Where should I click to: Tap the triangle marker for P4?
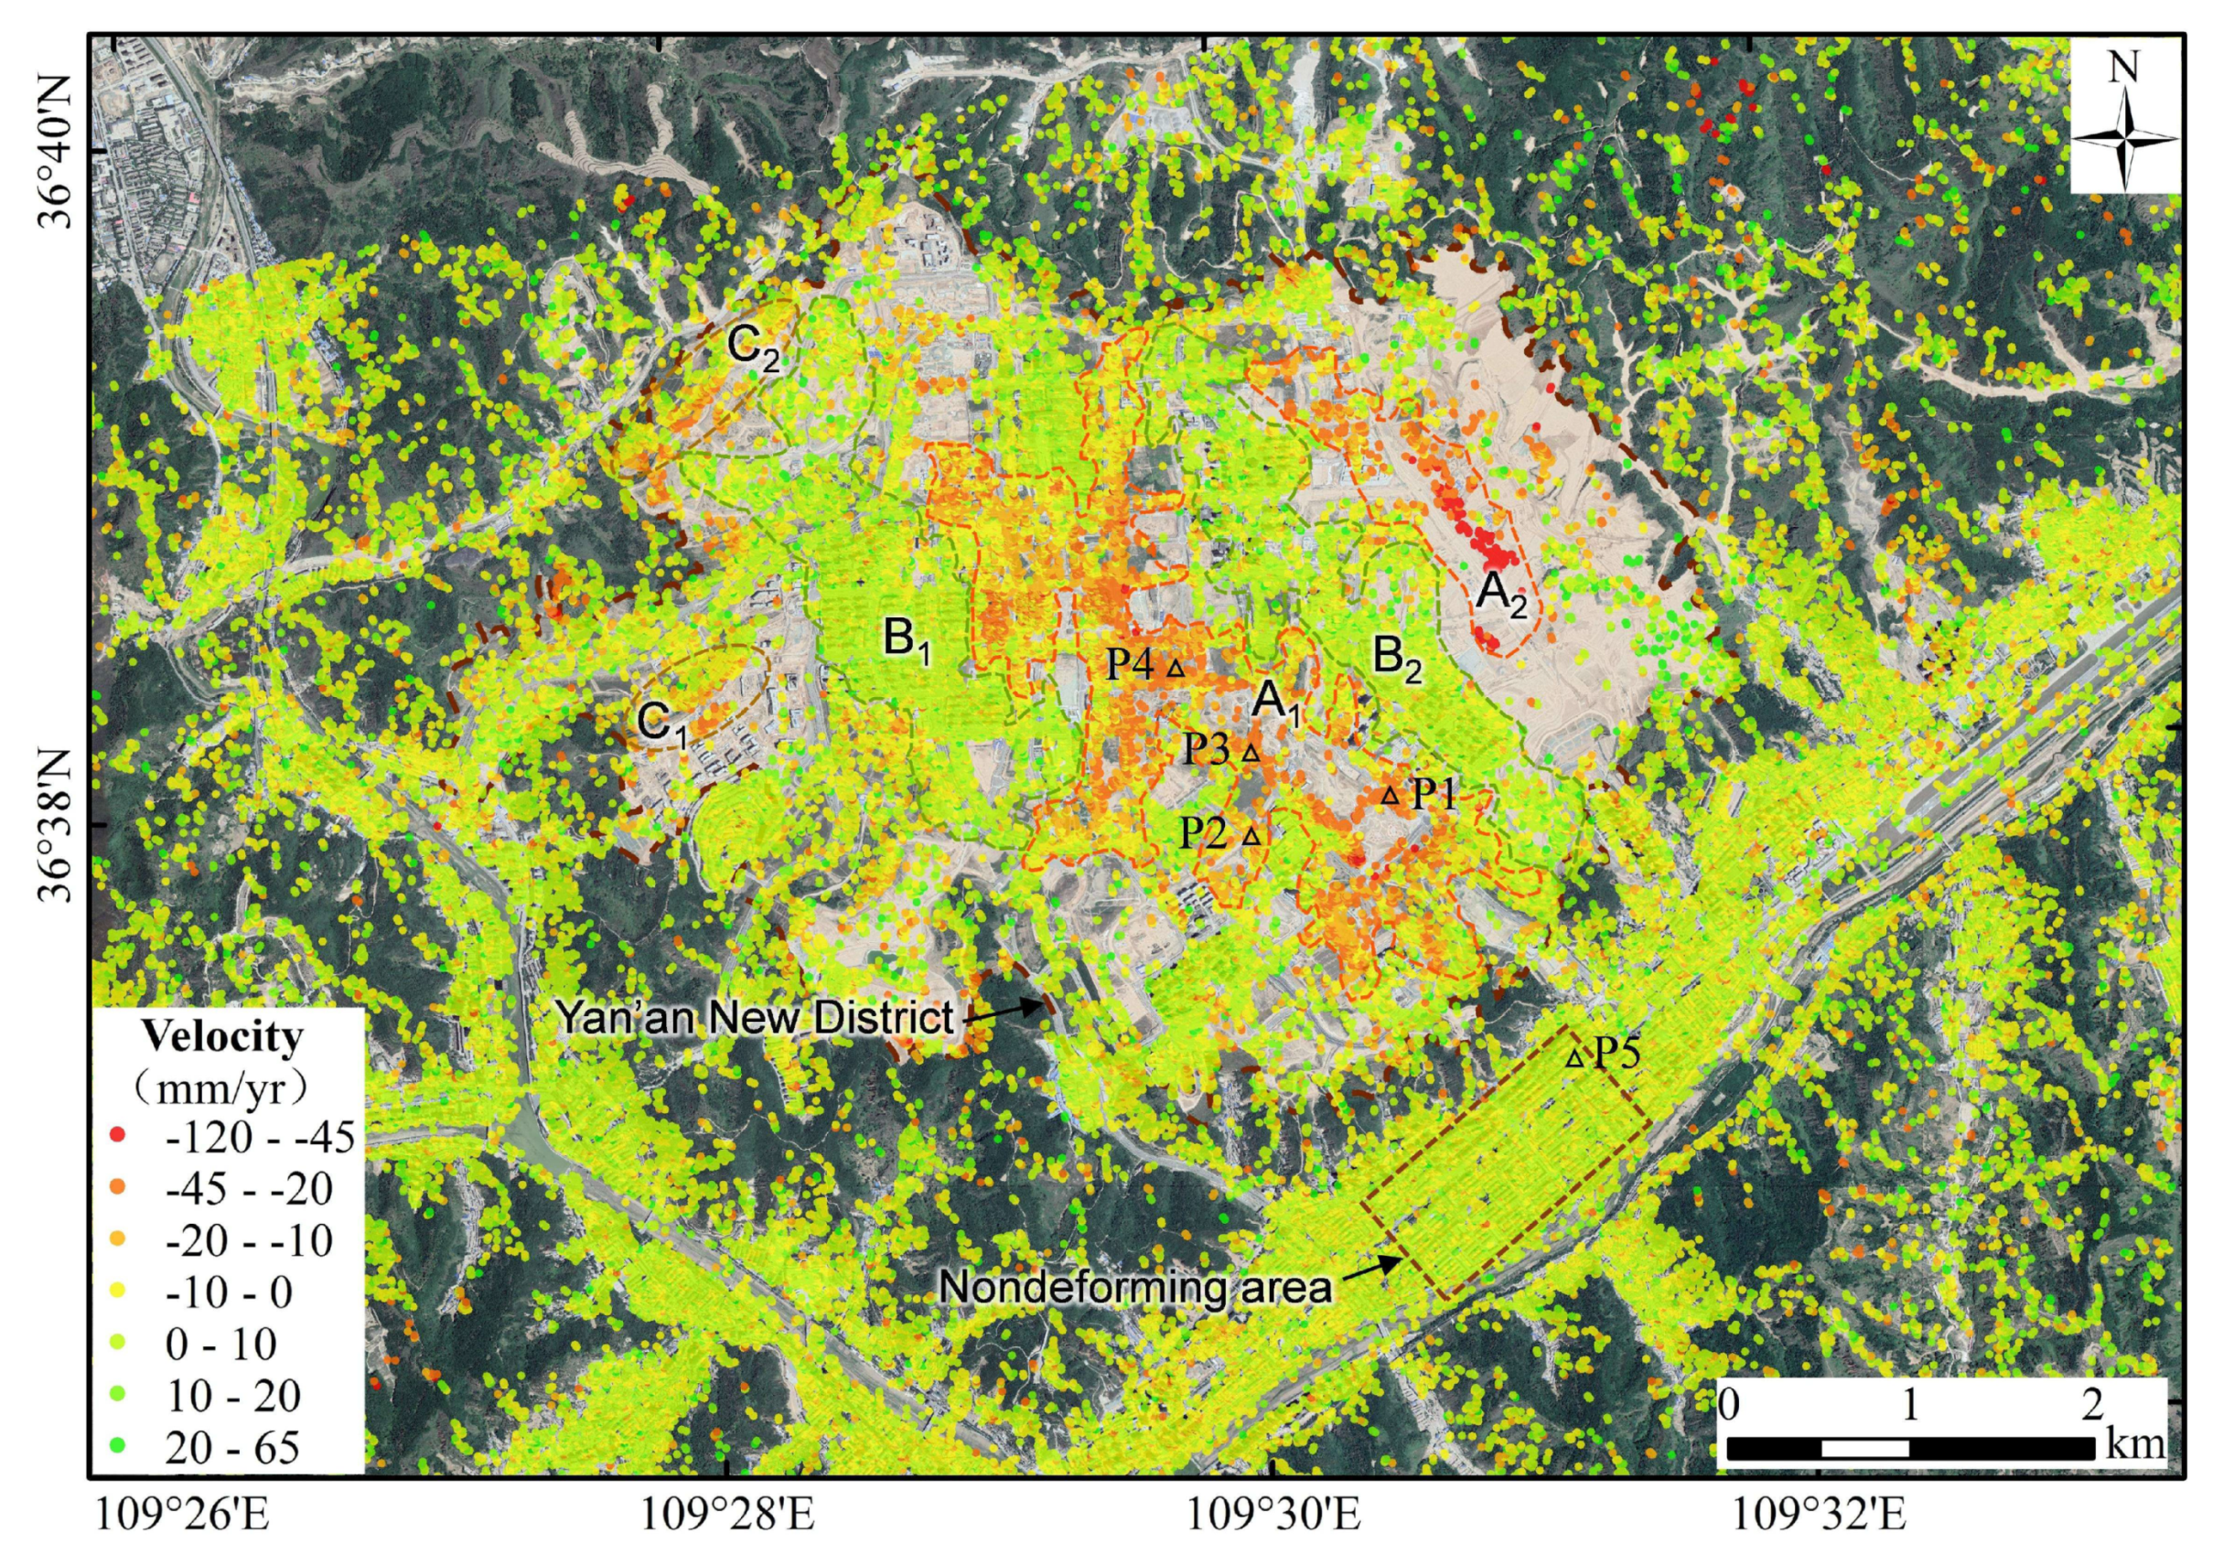click(1176, 667)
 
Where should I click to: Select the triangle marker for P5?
click(1575, 1058)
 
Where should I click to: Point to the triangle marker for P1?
click(1390, 796)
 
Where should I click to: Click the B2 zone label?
click(1397, 659)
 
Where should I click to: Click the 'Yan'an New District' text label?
click(754, 1016)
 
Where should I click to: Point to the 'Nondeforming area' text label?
click(1135, 1287)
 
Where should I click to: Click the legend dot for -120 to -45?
click(118, 1134)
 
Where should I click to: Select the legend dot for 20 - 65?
click(118, 1446)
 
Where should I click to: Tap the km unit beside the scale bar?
click(2135, 1443)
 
